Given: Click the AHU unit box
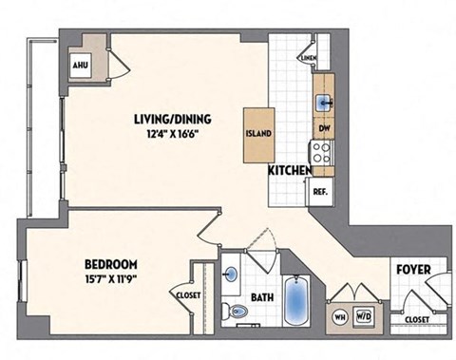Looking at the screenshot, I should point(81,66).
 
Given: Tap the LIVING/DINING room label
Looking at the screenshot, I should point(171,119).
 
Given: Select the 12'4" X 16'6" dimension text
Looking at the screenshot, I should point(171,134).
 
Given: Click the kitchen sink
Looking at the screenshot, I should point(323,101).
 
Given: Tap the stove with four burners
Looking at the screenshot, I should point(322,150).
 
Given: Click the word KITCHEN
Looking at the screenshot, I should point(290,170).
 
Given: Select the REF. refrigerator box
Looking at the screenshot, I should point(321,191).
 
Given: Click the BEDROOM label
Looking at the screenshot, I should point(111,264).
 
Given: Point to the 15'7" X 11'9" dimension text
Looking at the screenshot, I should point(111,279).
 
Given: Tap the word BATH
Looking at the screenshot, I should point(262,297).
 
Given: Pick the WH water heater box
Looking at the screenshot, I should point(339,315).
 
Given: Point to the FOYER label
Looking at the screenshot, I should point(414,271).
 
